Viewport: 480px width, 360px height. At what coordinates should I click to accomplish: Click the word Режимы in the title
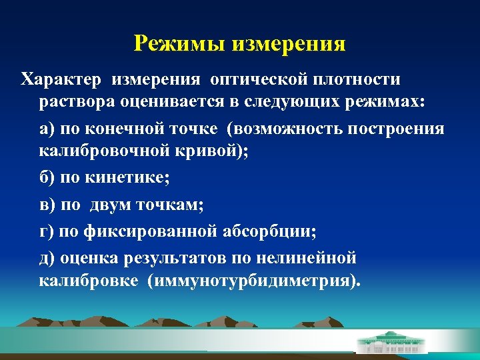point(179,44)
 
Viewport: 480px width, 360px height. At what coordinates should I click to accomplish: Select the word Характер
point(62,80)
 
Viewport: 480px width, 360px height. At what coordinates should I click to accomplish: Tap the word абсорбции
point(270,231)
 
